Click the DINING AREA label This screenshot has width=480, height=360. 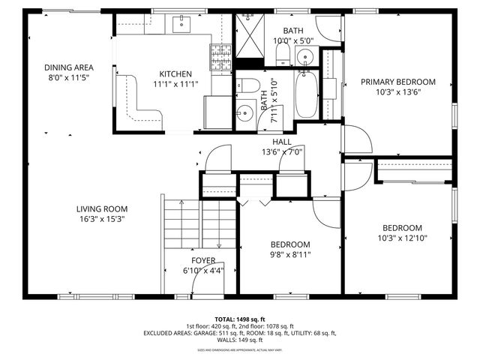[68, 67]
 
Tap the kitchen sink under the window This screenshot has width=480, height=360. [182, 24]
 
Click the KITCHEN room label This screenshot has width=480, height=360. [175, 74]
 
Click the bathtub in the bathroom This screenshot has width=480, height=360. [306, 94]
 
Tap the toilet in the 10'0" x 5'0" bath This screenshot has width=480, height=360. [283, 52]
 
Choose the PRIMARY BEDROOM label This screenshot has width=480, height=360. [397, 82]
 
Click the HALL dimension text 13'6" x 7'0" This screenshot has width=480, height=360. [281, 151]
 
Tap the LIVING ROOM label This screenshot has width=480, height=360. [101, 209]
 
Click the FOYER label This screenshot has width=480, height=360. [202, 260]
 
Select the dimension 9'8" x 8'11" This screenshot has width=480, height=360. [290, 255]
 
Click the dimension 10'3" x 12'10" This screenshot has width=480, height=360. [402, 238]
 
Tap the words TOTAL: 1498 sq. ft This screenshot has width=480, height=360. [240, 319]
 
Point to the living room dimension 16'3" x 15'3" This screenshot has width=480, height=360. [101, 220]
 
